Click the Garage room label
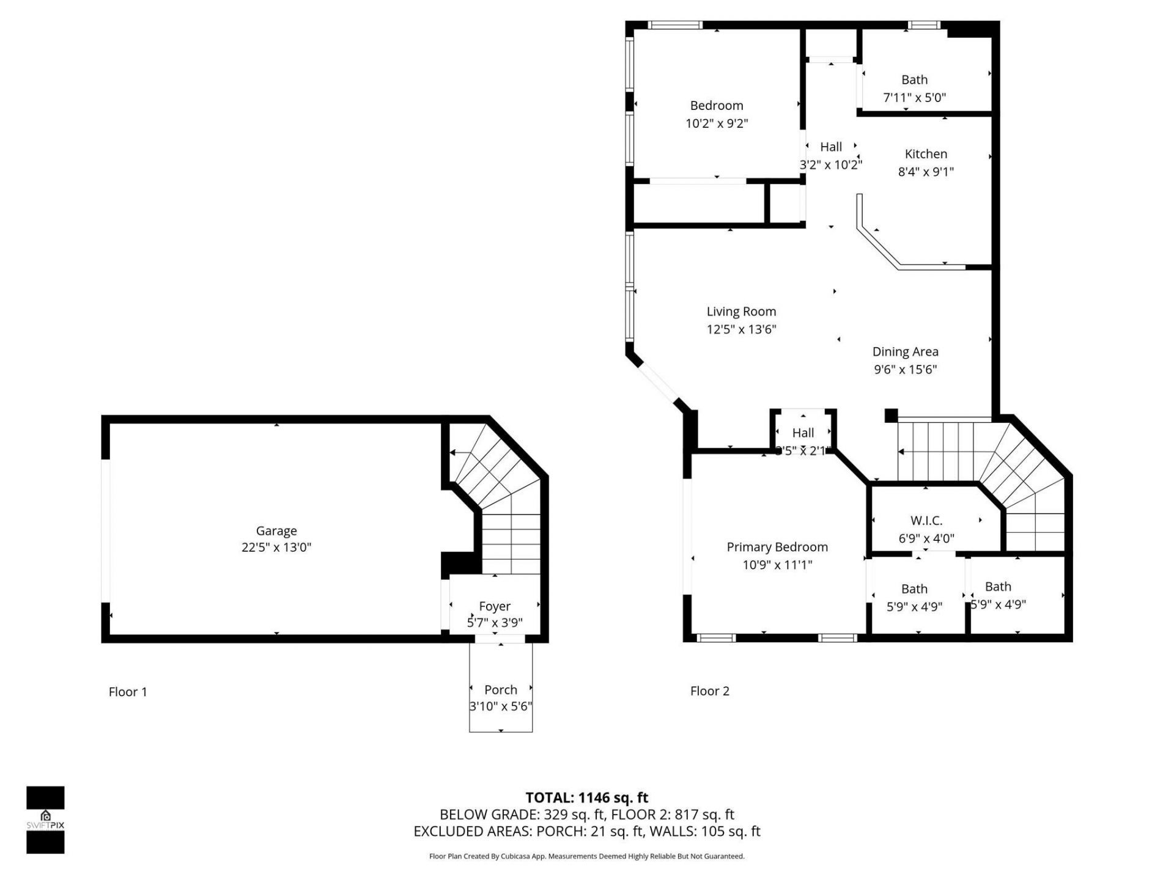(x=276, y=531)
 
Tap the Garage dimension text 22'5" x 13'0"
(x=276, y=548)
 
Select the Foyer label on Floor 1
(x=494, y=606)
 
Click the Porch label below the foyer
(x=500, y=690)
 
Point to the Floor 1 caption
(x=128, y=692)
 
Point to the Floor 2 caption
(x=709, y=691)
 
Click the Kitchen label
(x=926, y=155)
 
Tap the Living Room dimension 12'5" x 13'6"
(x=741, y=329)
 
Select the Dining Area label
(x=905, y=352)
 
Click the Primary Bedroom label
(x=777, y=548)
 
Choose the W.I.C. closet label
(x=926, y=521)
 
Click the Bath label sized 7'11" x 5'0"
(x=914, y=80)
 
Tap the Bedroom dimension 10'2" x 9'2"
(x=717, y=123)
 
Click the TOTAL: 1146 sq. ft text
(x=586, y=798)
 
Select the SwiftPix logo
(x=45, y=820)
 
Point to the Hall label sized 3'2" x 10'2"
(x=831, y=147)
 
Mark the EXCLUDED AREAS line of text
(x=586, y=832)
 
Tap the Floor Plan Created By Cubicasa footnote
(x=586, y=857)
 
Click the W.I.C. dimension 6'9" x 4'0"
(x=926, y=538)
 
